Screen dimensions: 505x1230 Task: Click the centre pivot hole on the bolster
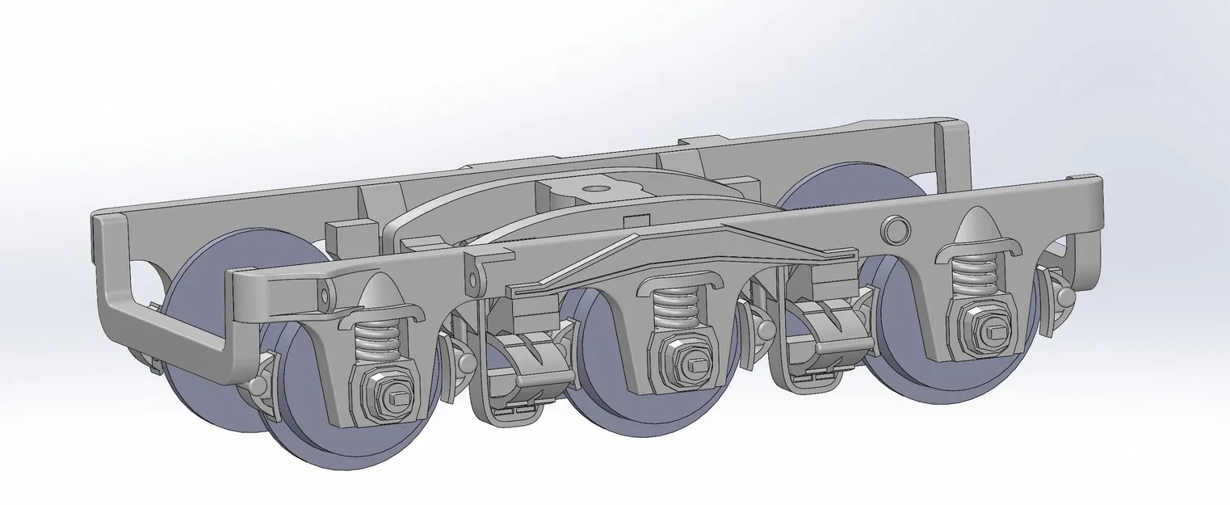pos(596,190)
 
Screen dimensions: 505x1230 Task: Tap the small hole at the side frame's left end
pos(324,295)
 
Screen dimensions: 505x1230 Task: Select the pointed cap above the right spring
pos(977,230)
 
